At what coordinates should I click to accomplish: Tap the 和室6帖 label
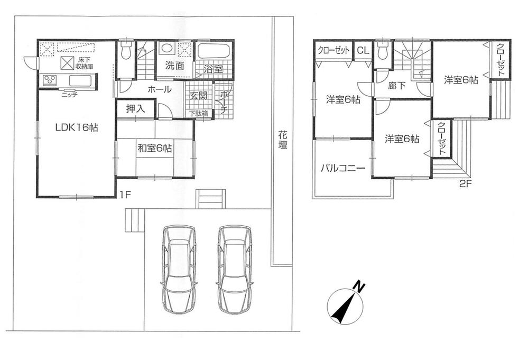tap(154, 149)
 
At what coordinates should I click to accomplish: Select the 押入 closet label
tap(136, 109)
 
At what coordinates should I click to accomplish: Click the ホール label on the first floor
tap(159, 90)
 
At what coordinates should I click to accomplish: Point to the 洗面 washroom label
tap(173, 66)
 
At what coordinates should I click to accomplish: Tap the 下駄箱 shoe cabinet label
tap(199, 113)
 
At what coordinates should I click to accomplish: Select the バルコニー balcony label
tap(342, 169)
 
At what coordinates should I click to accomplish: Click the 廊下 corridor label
tap(397, 86)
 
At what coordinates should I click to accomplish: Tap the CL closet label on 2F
tap(363, 51)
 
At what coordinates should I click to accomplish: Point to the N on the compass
tap(359, 288)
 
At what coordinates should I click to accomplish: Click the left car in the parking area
tap(179, 270)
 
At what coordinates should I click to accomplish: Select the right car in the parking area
tap(234, 270)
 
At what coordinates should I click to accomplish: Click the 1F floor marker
tap(125, 194)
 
